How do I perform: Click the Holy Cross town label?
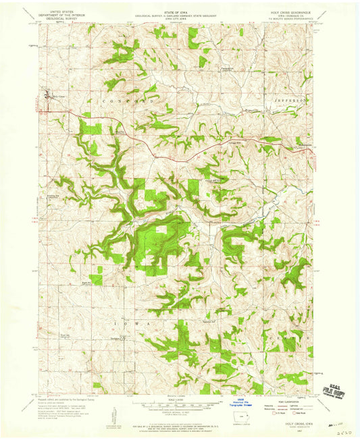(x=56, y=97)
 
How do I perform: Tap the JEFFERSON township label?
(x=290, y=99)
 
